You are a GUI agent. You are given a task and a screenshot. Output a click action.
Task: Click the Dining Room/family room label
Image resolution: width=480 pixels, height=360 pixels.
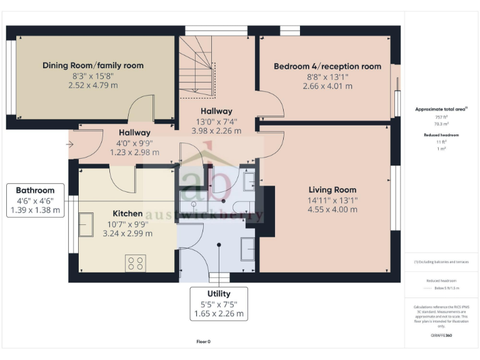92,65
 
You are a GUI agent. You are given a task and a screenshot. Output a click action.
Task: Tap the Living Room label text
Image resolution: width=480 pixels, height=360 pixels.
332,189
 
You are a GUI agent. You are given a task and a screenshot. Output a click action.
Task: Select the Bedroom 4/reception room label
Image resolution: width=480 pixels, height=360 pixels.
327,66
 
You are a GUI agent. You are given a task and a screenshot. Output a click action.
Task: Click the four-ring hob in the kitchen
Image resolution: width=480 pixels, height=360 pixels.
136,263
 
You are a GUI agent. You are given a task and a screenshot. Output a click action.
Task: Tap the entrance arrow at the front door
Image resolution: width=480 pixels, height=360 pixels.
69,144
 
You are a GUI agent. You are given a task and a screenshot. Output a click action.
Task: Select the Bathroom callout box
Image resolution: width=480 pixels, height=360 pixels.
35,200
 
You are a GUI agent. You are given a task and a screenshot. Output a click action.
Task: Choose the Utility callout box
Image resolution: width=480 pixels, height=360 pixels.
219,303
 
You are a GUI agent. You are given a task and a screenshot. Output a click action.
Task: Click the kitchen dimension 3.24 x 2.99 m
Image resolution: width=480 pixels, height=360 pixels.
127,234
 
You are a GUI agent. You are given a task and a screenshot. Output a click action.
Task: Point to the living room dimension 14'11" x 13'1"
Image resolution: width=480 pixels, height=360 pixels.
332,200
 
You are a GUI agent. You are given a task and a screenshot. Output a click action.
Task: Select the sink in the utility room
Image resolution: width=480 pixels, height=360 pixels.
247,248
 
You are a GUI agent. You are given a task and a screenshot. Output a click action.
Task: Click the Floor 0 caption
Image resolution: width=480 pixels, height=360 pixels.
203,342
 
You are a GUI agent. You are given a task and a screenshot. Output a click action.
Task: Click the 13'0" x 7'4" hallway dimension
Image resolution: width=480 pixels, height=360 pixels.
216,121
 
